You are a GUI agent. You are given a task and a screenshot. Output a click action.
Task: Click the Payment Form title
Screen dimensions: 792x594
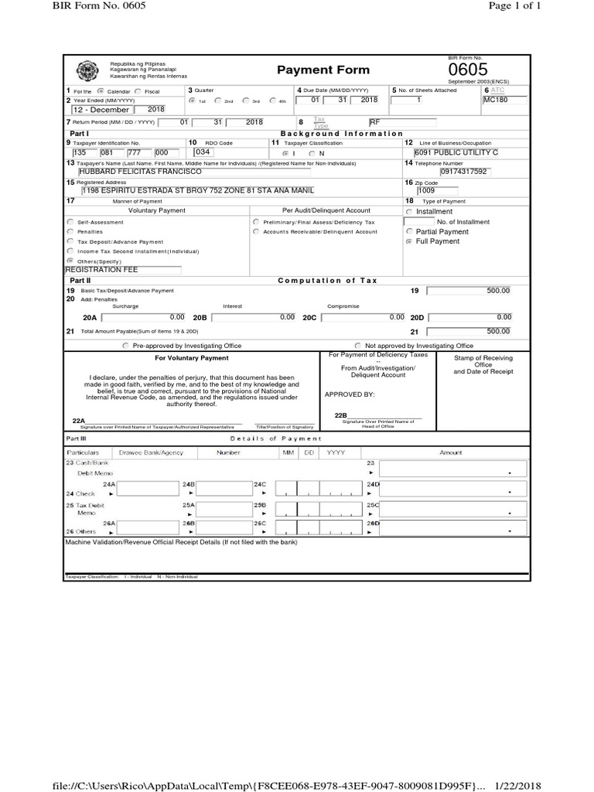coord(312,70)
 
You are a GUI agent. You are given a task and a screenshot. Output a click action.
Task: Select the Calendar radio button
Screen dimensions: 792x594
coord(101,91)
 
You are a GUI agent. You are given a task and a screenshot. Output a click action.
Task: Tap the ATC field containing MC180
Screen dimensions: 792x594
coord(504,100)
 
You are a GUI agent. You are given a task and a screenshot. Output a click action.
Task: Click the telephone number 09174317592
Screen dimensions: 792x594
coord(464,172)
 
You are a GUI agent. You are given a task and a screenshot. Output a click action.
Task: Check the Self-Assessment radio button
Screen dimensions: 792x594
coord(70,222)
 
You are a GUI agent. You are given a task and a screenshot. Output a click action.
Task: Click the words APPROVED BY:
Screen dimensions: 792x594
coord(350,394)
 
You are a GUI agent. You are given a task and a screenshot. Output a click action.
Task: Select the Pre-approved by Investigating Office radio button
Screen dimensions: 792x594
coord(126,346)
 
